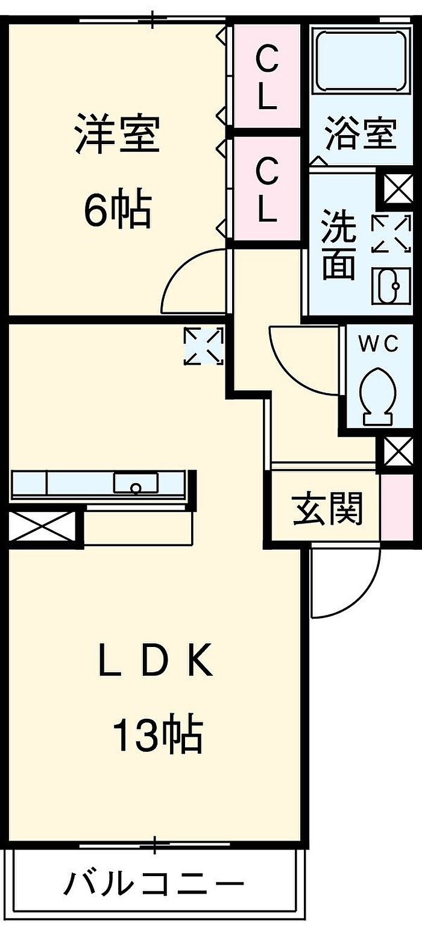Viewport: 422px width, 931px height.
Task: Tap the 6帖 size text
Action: [x=117, y=209]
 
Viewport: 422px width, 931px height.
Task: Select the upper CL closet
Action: [x=267, y=77]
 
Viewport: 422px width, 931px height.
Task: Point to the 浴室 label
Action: [x=361, y=133]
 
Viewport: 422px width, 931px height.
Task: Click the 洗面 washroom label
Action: [x=338, y=244]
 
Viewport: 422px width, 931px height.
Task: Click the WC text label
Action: [x=379, y=344]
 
